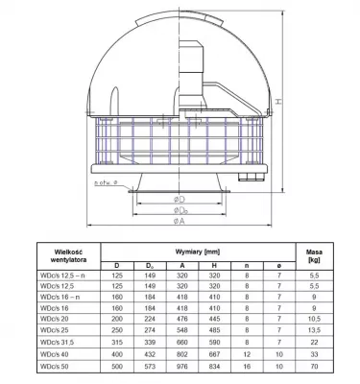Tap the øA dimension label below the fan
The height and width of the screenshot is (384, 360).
coord(178,218)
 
